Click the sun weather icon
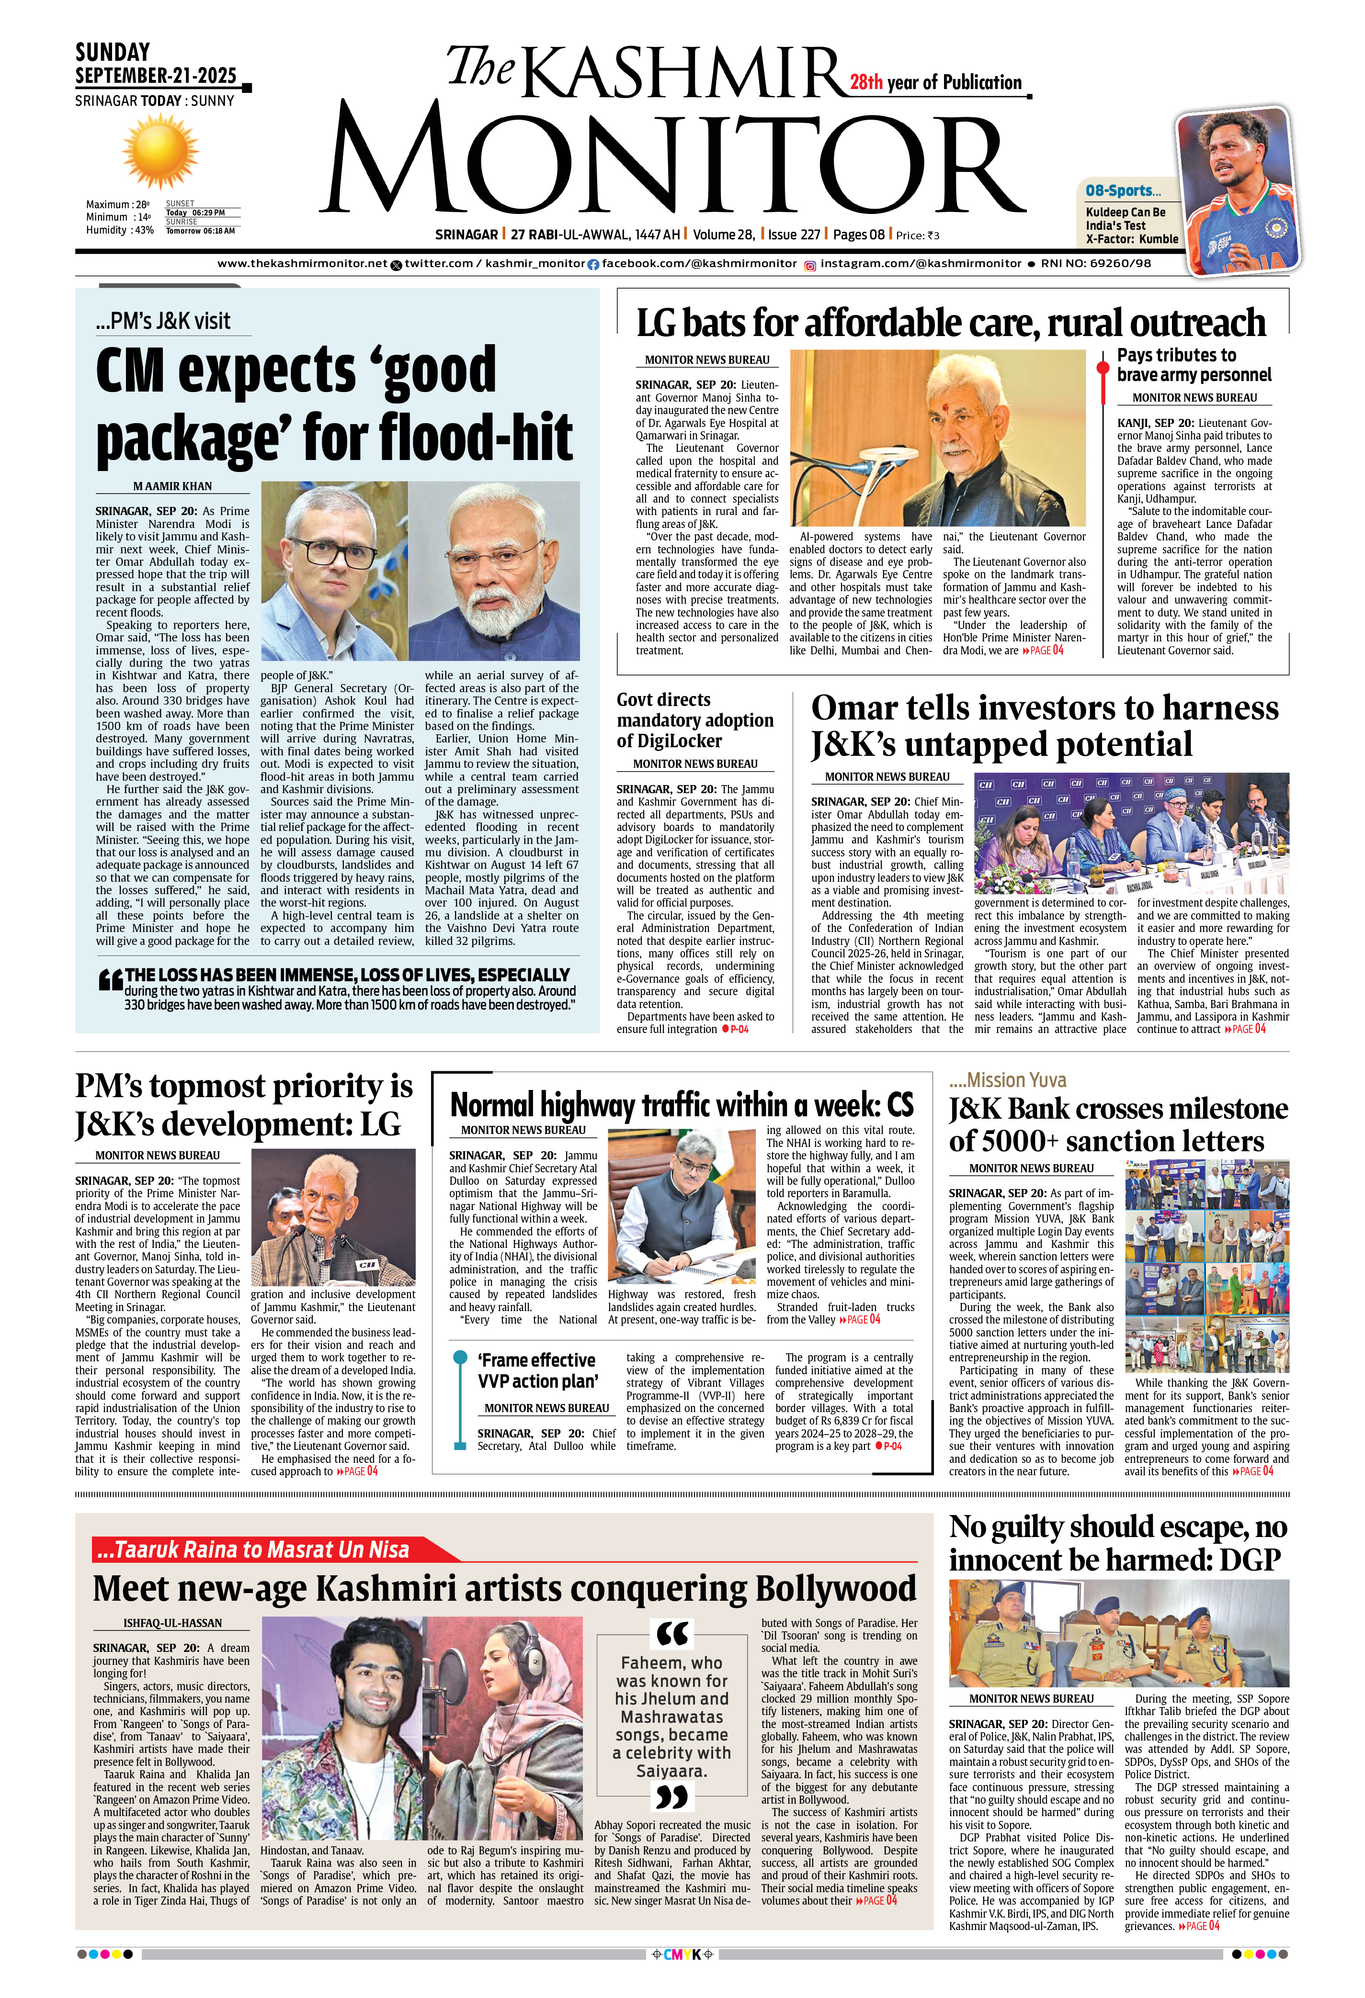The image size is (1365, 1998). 160,150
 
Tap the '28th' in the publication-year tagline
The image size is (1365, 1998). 866,82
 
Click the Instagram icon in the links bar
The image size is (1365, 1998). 809,266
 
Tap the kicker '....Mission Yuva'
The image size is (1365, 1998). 1007,1080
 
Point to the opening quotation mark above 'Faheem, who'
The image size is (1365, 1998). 672,1633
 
